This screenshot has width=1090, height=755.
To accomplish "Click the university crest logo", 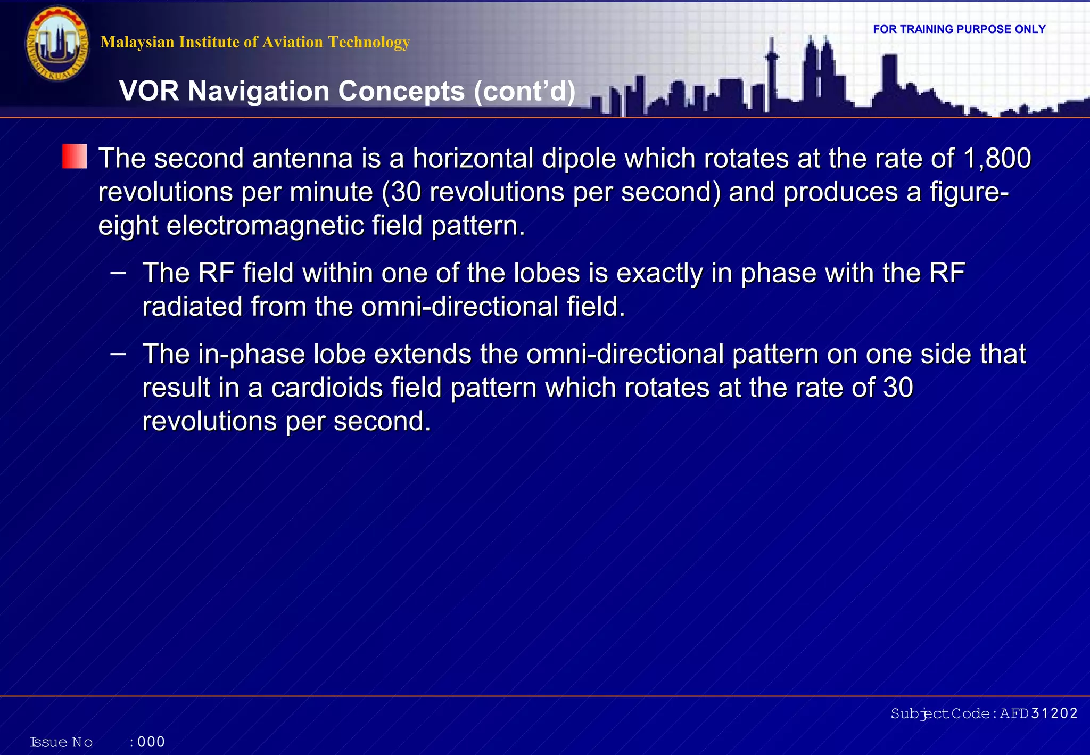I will pyautogui.click(x=57, y=44).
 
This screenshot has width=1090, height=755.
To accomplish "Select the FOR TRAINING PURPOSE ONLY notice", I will pyautogui.click(x=959, y=29).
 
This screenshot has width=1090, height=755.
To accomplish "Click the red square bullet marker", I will pyautogui.click(x=75, y=157).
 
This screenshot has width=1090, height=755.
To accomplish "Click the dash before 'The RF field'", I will pyautogui.click(x=118, y=273).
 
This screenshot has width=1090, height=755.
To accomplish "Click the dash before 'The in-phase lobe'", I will pyautogui.click(x=118, y=354).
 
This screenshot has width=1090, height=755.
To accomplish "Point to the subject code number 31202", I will pyautogui.click(x=1054, y=713).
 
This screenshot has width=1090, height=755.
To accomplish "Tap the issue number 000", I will pyautogui.click(x=151, y=742).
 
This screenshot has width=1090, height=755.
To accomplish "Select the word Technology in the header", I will pyautogui.click(x=369, y=42).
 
